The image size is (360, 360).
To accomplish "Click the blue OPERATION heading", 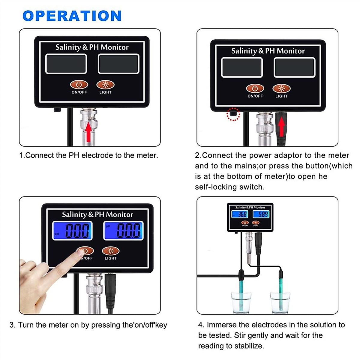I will (72, 16).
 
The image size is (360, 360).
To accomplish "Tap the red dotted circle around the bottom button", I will (233, 114).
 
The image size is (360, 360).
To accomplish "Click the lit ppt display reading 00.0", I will (73, 231).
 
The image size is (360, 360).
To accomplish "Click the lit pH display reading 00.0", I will (124, 231).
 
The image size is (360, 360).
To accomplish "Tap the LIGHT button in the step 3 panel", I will (111, 251).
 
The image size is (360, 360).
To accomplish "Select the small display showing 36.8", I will (240, 214).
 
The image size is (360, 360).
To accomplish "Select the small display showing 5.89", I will (261, 214).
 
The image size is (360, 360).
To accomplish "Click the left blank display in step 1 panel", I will (66, 64).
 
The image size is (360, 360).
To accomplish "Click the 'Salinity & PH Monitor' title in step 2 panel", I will (268, 51).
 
